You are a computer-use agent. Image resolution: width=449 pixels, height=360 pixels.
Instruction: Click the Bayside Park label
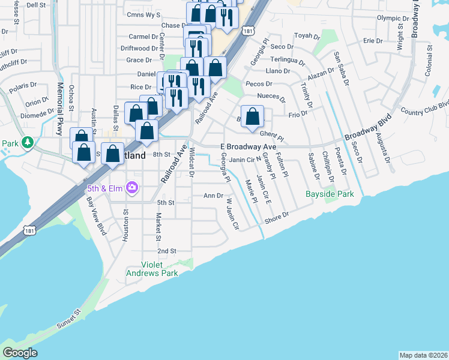pos(330,194)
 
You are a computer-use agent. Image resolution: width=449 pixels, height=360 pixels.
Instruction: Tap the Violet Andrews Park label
pos(152,268)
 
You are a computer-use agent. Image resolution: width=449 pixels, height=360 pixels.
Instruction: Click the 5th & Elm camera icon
pos(132,188)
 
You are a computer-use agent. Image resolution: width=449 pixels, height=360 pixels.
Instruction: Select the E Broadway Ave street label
pos(248,146)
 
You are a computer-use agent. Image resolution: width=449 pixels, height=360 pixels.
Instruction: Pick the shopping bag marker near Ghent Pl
pos(253,116)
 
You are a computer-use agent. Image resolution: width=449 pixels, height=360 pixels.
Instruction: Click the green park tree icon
pos(26,143)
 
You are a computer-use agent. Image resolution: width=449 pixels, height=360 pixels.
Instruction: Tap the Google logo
pos(20,353)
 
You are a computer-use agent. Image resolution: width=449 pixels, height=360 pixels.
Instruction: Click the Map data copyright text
pos(423,355)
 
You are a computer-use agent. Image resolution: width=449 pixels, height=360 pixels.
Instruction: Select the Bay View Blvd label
pos(96,215)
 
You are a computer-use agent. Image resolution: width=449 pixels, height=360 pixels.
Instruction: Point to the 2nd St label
pos(166,251)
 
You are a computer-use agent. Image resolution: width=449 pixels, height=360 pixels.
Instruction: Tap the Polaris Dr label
pos(25,86)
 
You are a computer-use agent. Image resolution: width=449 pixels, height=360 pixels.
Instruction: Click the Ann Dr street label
pos(214,196)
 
